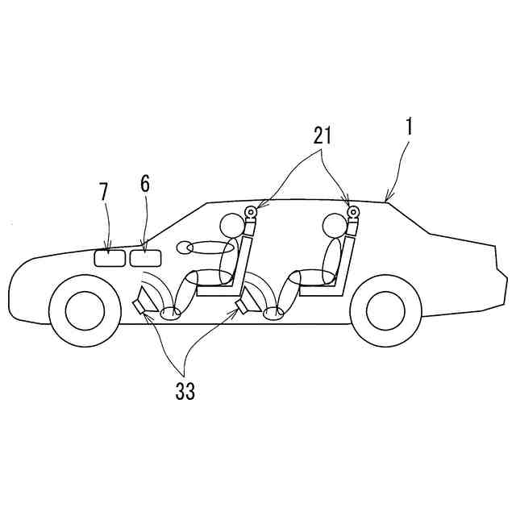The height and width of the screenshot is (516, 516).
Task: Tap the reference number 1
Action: [x=409, y=127]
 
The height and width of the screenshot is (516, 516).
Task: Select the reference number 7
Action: [x=103, y=193]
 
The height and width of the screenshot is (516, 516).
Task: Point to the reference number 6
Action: [x=144, y=184]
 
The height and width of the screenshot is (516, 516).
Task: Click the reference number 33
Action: [x=185, y=392]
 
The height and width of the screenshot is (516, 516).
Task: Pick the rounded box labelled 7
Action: [x=109, y=258]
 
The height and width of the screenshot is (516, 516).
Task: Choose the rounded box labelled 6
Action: [x=145, y=258]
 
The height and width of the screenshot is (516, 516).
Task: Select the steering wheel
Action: [x=206, y=247]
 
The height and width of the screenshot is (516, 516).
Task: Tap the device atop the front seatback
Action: [x=251, y=214]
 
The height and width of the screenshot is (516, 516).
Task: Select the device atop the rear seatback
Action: [x=352, y=214]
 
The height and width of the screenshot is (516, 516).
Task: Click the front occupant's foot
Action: [x=171, y=312]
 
